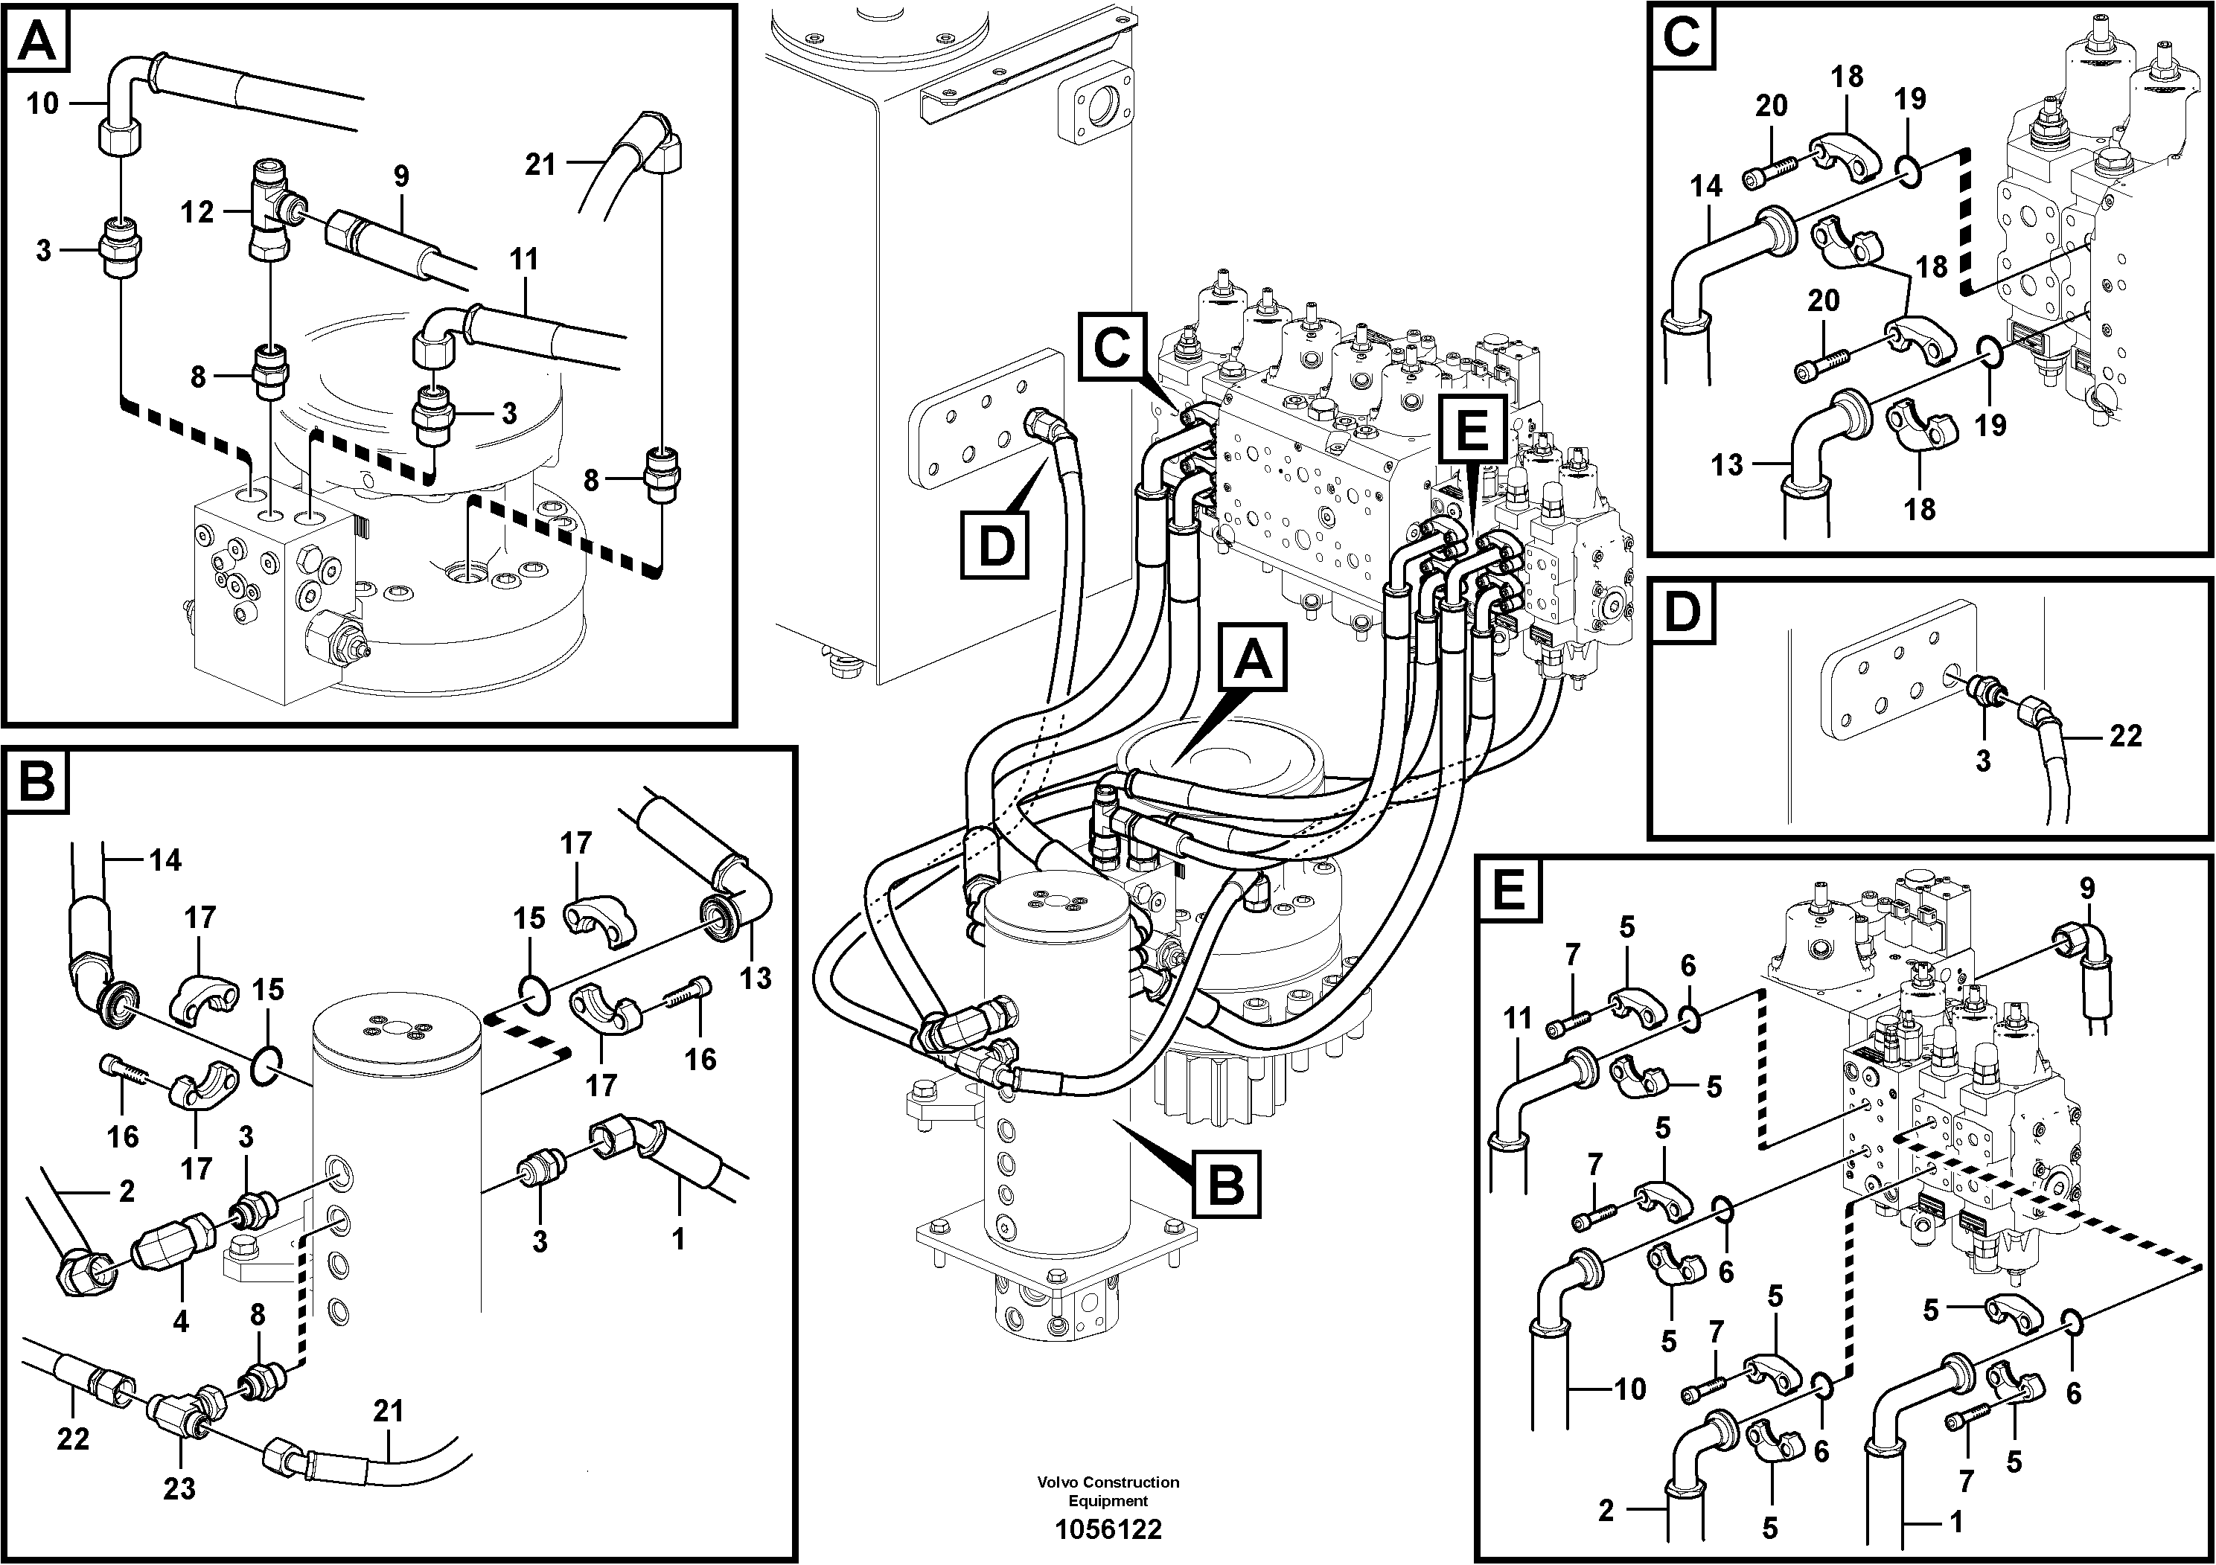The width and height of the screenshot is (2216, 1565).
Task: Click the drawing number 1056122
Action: click(x=1108, y=1529)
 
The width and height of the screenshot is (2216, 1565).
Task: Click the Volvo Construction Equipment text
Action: click(x=1108, y=1491)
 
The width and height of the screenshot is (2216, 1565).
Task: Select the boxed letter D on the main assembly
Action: click(x=995, y=546)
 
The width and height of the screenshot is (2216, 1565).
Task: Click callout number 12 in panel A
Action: click(x=197, y=212)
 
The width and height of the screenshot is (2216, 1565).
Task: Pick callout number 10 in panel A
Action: click(x=42, y=103)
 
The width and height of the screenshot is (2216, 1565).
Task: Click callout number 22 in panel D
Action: click(x=2125, y=736)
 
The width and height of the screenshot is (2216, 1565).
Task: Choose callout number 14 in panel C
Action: click(x=1705, y=186)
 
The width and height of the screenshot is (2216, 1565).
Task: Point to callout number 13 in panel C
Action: click(x=1727, y=465)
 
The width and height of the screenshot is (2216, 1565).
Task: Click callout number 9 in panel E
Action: click(x=2086, y=888)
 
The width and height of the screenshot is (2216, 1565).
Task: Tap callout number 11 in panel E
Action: click(x=1517, y=1018)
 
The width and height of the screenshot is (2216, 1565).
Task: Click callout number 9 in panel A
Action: click(x=400, y=176)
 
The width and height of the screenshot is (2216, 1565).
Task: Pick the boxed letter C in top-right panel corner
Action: click(x=1682, y=39)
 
